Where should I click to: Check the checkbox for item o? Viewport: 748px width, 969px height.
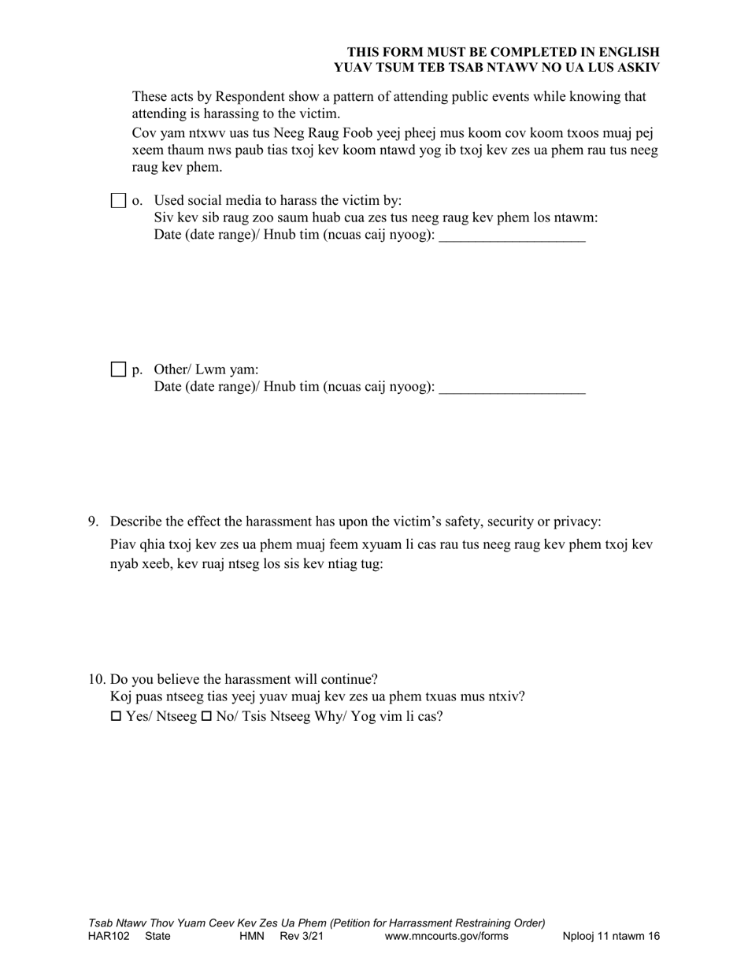(118, 201)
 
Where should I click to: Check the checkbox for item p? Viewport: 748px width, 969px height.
(118, 369)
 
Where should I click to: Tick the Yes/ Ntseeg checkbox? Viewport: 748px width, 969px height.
(116, 717)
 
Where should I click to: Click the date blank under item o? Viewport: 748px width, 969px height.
(512, 236)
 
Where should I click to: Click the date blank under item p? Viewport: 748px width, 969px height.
(512, 387)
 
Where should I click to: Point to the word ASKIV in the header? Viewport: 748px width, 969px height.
(636, 67)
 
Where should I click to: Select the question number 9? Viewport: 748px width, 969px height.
(93, 522)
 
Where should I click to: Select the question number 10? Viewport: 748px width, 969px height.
(96, 679)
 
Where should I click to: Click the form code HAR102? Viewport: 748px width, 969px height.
(109, 937)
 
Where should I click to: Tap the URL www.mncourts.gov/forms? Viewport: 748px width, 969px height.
(446, 937)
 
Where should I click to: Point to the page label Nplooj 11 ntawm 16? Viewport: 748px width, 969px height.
(611, 937)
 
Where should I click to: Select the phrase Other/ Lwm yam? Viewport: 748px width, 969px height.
(206, 369)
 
